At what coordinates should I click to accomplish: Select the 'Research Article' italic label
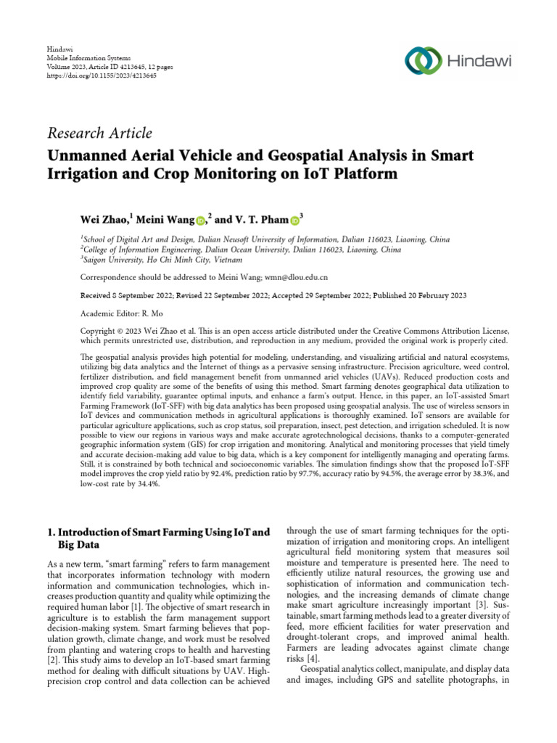[x=99, y=133]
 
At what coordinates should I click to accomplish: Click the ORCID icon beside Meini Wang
[x=199, y=220]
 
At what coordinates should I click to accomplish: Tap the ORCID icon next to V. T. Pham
[x=295, y=219]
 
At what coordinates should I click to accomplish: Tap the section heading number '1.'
[x=51, y=532]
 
